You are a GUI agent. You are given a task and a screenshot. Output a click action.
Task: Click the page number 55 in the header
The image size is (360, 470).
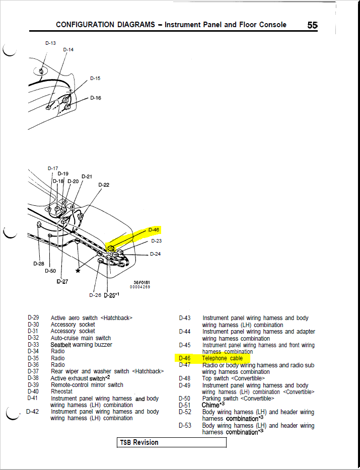coord(312,25)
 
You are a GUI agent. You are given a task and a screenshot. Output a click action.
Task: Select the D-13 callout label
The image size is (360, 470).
coord(50,43)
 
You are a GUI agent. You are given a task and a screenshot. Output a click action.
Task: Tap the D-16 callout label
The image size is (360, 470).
coord(96,98)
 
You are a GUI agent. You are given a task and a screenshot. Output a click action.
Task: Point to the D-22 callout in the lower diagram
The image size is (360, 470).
coord(104,185)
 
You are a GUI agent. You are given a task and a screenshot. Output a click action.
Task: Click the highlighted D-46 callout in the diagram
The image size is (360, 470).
coord(154,230)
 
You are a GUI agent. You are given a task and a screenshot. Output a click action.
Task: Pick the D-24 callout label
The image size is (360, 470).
coord(156,254)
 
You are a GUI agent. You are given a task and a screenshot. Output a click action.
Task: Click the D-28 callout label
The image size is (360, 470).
coord(39,263)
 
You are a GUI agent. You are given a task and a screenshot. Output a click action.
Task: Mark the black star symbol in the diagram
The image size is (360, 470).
coord(78,271)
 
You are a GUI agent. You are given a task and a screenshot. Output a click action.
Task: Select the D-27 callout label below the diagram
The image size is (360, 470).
coord(62,281)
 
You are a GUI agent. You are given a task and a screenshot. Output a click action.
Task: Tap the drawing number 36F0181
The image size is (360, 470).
coord(140,282)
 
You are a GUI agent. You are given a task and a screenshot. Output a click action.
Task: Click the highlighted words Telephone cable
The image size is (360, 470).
coord(223,358)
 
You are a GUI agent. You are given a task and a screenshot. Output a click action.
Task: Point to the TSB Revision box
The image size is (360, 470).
coord(172,442)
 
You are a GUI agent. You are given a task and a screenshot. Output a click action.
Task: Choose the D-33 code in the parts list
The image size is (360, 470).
coord(33,345)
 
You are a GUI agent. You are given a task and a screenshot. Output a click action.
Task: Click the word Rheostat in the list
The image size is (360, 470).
coord(61,391)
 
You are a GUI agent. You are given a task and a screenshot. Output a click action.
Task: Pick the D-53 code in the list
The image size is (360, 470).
coord(185,426)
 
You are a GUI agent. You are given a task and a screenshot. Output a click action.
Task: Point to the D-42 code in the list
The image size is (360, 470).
coord(33,412)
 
